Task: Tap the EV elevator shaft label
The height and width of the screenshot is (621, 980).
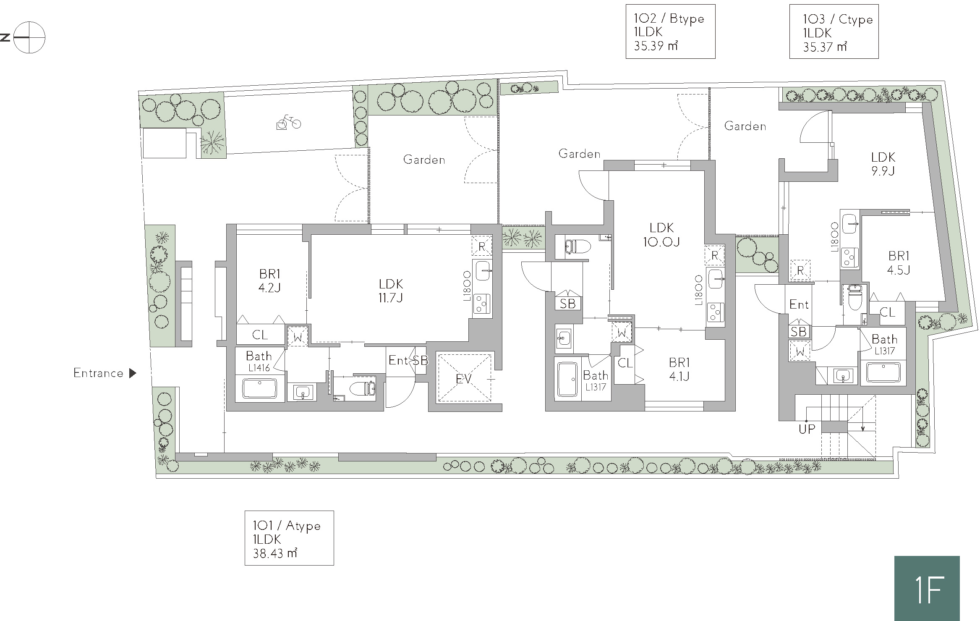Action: pos(464,379)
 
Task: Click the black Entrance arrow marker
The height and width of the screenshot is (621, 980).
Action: pos(133,373)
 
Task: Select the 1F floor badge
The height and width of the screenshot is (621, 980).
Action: pos(927,588)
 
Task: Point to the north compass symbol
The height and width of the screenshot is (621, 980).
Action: pos(29,37)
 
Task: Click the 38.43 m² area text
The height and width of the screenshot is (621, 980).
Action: pos(275,553)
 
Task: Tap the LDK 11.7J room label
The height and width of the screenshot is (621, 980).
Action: pos(391,291)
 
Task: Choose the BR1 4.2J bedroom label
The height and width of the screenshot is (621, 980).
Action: pos(269,281)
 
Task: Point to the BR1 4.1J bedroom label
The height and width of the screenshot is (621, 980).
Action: pos(679,369)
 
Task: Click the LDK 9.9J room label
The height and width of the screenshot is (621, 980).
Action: pos(883,164)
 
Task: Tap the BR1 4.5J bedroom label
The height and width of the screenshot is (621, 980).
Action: pos(899,262)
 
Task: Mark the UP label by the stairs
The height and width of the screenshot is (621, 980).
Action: pos(807,429)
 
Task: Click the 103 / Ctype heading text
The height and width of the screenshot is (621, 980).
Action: pos(838,19)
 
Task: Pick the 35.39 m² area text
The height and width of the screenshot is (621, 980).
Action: pos(656,46)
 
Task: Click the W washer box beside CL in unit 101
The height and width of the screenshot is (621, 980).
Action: pos(298,337)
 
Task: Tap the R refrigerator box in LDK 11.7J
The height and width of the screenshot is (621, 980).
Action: pos(482,246)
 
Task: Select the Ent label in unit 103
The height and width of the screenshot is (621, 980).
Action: pos(799,304)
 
